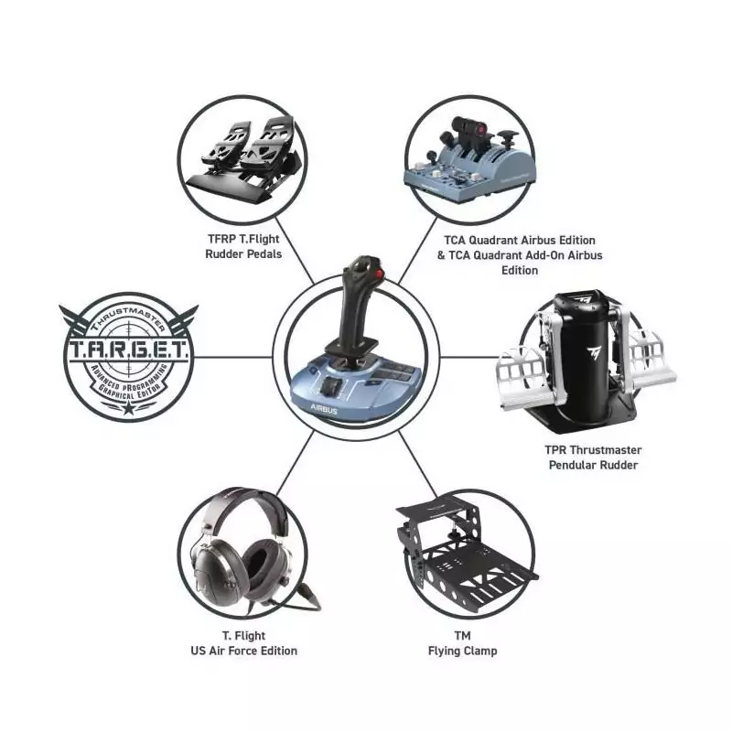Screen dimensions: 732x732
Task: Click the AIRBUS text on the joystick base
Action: tap(324, 409)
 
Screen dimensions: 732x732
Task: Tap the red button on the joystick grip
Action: tap(382, 274)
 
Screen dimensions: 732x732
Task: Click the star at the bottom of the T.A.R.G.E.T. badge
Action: tap(127, 409)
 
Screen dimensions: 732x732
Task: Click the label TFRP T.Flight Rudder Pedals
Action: tap(243, 246)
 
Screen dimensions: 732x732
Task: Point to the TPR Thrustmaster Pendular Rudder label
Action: tap(593, 457)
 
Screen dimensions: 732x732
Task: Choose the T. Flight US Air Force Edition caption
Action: tap(243, 643)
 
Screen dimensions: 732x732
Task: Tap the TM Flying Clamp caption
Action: tap(463, 643)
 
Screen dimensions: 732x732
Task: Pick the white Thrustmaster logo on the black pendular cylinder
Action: tap(594, 353)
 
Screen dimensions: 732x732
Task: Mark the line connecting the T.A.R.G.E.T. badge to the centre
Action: tap(233, 358)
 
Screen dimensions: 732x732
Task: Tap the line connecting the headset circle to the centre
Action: tap(295, 463)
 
